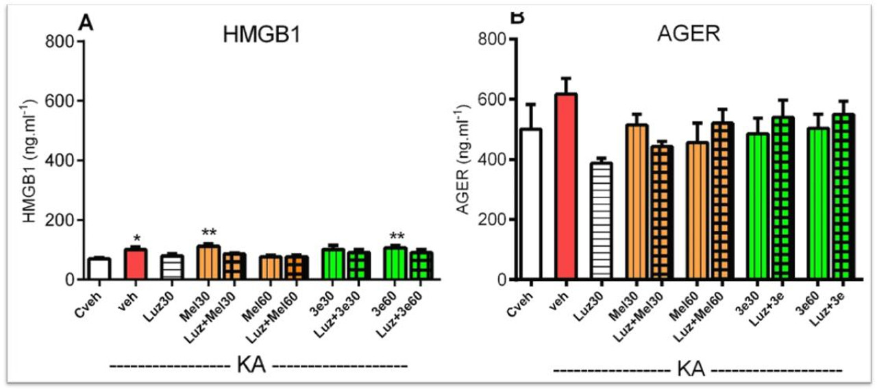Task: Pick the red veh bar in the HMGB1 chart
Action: click(136, 264)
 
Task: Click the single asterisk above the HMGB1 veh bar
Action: click(136, 239)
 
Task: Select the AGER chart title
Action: click(695, 35)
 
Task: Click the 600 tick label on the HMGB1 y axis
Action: click(64, 101)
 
